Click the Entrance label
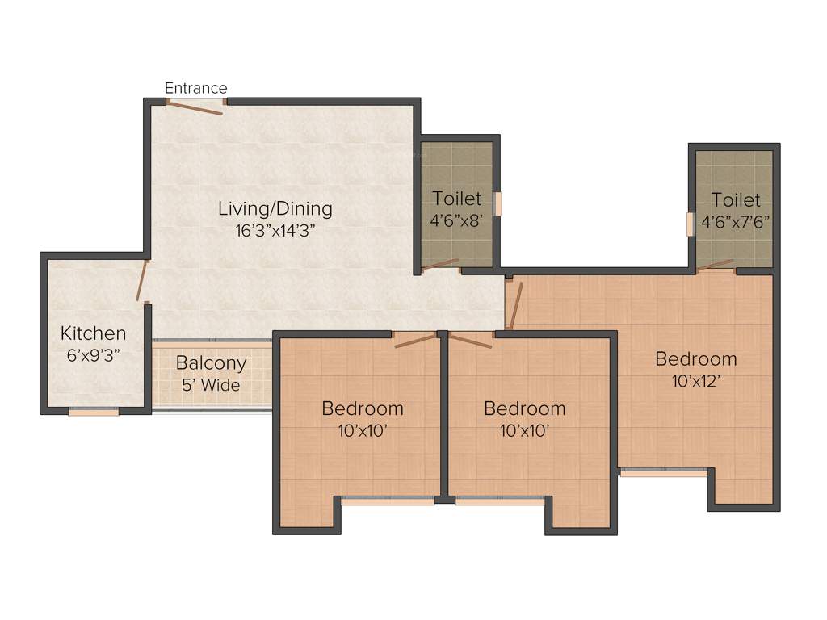pyautogui.click(x=195, y=88)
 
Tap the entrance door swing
pyautogui.click(x=195, y=107)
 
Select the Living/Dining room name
pyautogui.click(x=275, y=208)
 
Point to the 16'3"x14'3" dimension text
pyautogui.click(x=275, y=229)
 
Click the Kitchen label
pyautogui.click(x=94, y=333)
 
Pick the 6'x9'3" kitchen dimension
pyautogui.click(x=94, y=354)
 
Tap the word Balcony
pyautogui.click(x=211, y=363)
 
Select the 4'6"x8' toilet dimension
pyautogui.click(x=456, y=220)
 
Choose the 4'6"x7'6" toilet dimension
pyautogui.click(x=735, y=220)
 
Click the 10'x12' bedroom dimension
pyautogui.click(x=695, y=381)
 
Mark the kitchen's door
pyautogui.click(x=142, y=280)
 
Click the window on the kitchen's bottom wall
pyautogui.click(x=94, y=412)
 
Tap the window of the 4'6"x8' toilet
pyautogui.click(x=498, y=204)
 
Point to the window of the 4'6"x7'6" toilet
pyautogui.click(x=690, y=224)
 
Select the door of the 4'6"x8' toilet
pyautogui.click(x=440, y=264)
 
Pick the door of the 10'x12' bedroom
pyautogui.click(x=515, y=304)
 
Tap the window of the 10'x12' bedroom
pyautogui.click(x=664, y=473)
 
